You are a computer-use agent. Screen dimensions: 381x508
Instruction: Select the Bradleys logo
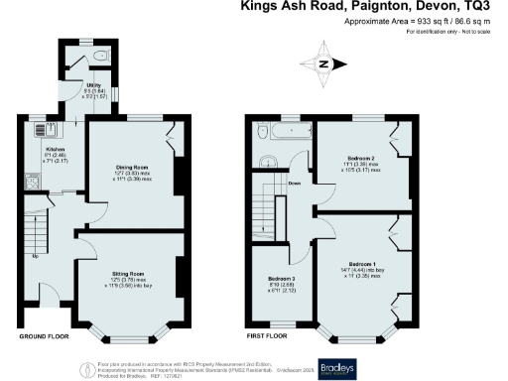point(336,364)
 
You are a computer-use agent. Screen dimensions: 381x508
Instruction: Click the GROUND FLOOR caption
point(46,338)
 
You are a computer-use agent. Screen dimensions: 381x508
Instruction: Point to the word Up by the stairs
point(37,257)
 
